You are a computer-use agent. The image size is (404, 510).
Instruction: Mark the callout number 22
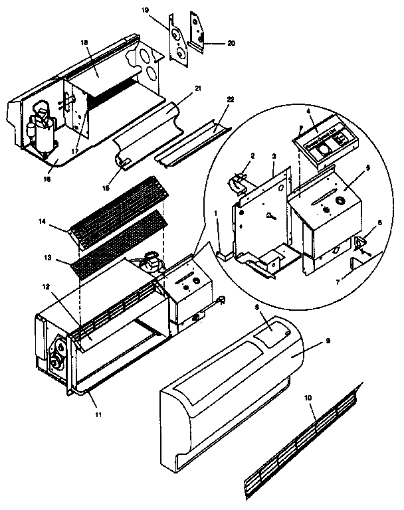231,99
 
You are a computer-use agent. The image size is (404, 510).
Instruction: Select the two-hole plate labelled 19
178,39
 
